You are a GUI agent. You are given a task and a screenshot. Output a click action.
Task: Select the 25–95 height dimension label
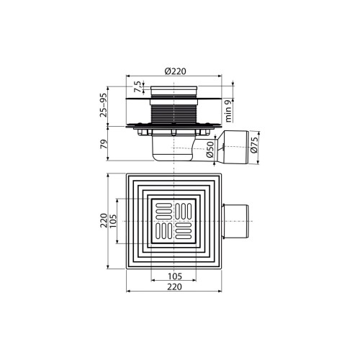102,104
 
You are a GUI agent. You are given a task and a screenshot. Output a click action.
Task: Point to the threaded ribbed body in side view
173,112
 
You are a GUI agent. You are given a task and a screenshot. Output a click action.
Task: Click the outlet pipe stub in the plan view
238,220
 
